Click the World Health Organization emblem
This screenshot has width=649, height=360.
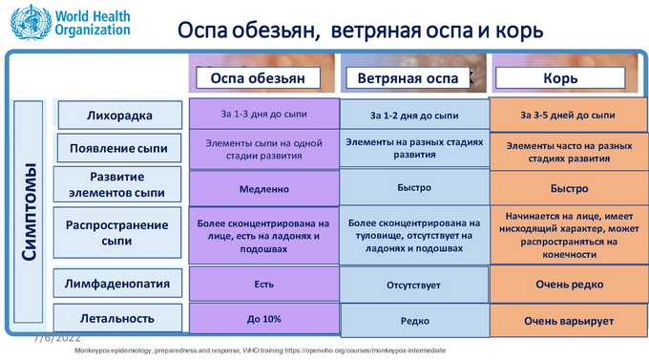[31, 22]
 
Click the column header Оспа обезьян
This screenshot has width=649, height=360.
[258, 78]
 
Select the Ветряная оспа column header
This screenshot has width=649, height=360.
[408, 78]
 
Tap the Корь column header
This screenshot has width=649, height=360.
[560, 78]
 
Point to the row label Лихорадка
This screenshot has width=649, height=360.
[119, 116]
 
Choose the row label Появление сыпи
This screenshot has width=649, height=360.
[118, 148]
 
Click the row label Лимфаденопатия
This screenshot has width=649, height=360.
[117, 284]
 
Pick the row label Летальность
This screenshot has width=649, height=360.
[117, 318]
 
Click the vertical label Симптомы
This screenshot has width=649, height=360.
[29, 212]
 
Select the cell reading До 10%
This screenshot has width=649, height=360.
[264, 319]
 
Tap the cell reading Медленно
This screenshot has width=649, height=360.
[264, 189]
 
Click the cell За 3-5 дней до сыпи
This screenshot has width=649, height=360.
[568, 115]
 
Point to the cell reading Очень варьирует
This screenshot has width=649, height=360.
[569, 321]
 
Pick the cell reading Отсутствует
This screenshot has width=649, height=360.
[414, 285]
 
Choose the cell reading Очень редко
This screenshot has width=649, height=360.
[569, 285]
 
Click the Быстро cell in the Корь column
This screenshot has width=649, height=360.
[569, 188]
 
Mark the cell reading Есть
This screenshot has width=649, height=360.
[264, 285]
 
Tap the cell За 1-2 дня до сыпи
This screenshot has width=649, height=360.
[414, 116]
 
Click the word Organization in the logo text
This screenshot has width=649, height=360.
[93, 30]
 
